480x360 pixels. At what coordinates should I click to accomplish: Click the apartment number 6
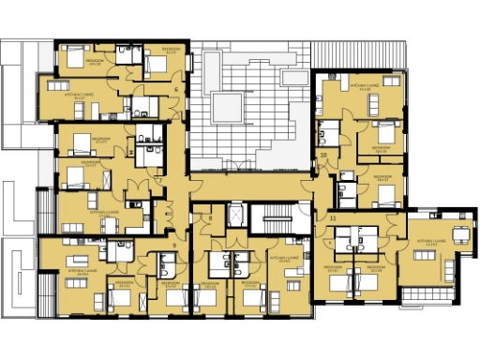click(x=176, y=89)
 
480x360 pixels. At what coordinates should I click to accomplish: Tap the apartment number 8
click(x=211, y=217)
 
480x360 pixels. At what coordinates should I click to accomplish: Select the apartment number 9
click(x=175, y=245)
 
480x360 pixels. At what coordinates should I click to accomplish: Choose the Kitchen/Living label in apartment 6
click(x=78, y=96)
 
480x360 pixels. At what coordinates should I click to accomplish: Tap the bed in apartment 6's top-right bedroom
click(x=153, y=64)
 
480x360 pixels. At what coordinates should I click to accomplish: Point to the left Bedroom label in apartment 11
click(x=333, y=267)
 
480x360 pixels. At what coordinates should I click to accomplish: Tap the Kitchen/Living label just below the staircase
click(x=281, y=257)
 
